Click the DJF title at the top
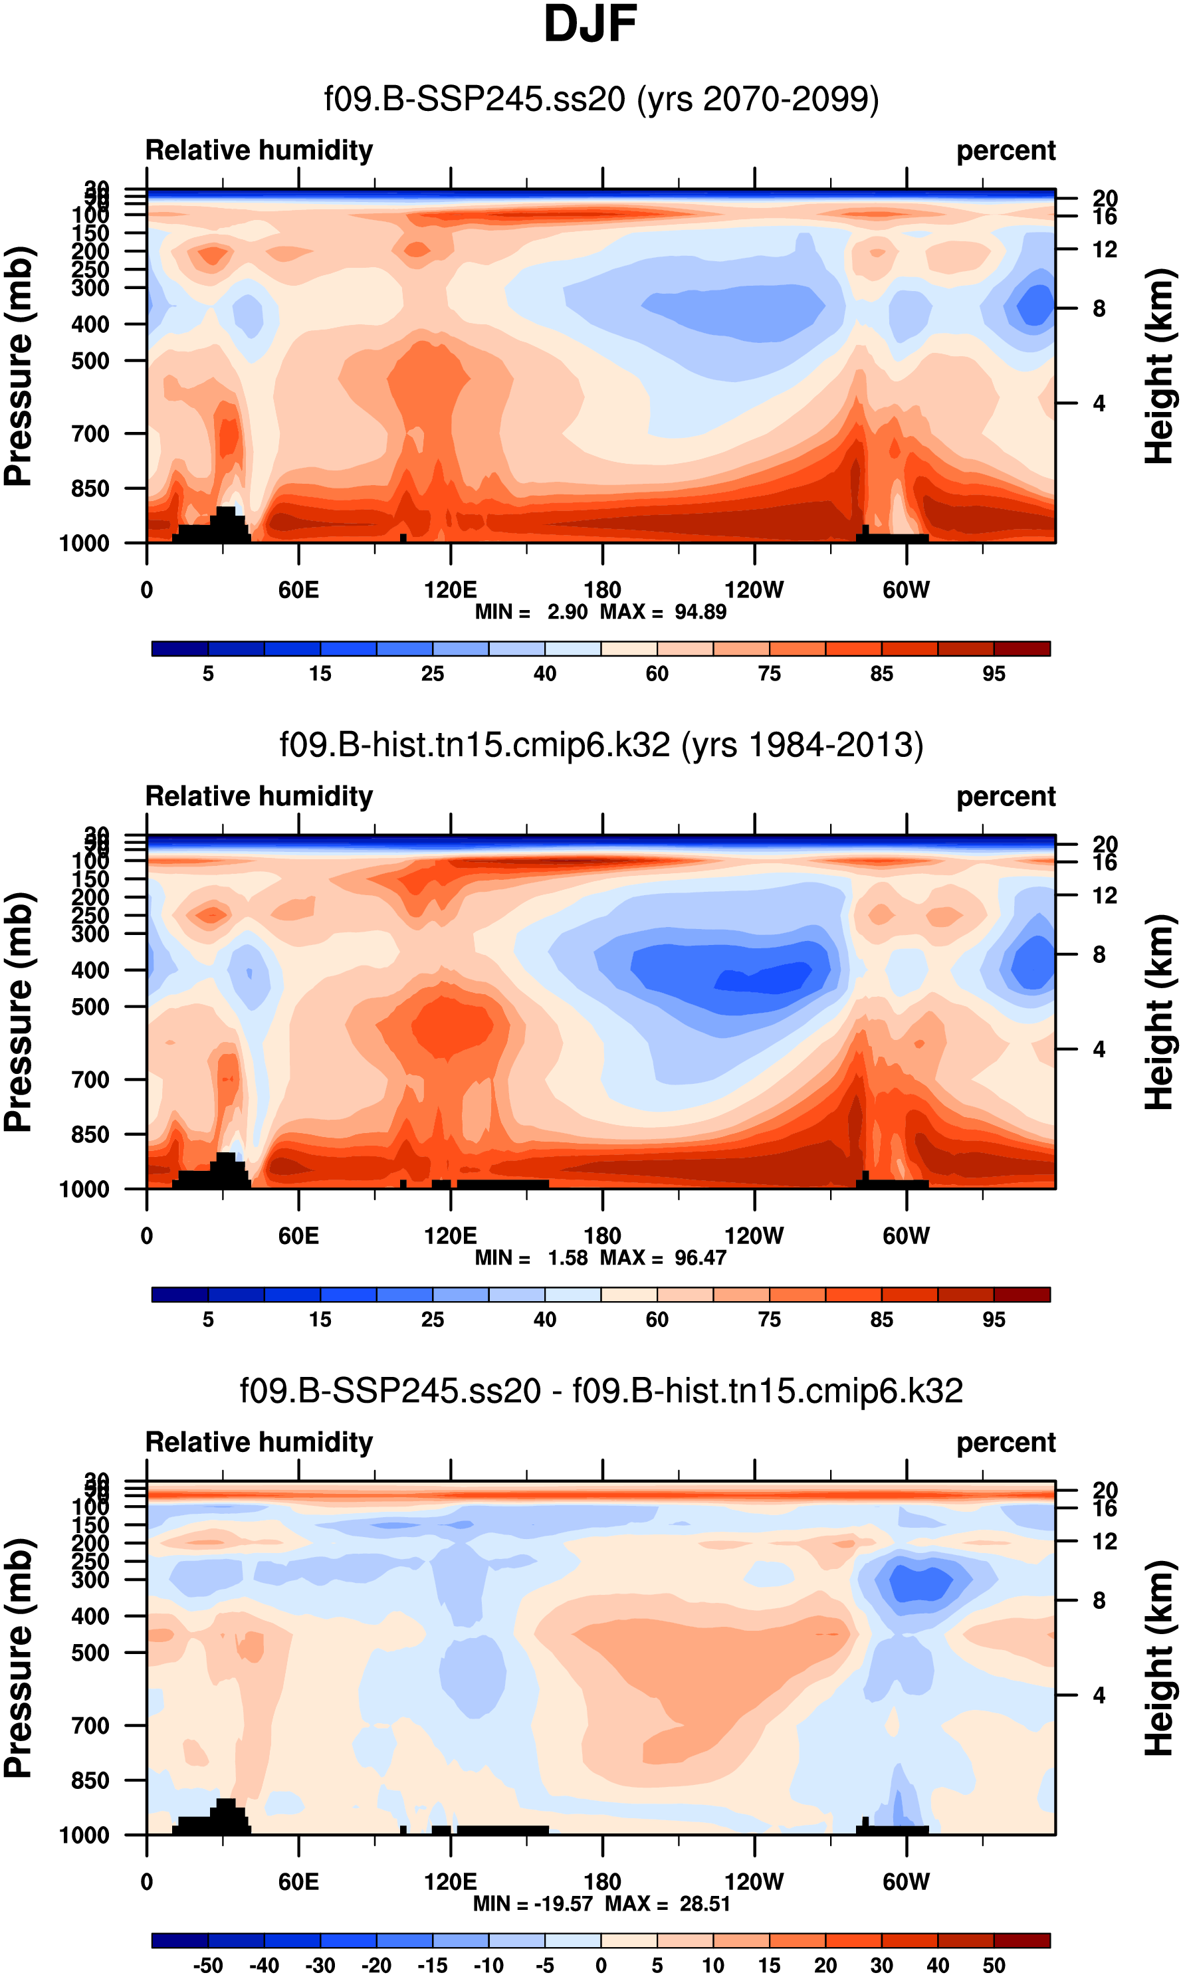pyautogui.click(x=590, y=24)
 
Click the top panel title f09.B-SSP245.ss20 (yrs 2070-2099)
pyautogui.click(x=601, y=99)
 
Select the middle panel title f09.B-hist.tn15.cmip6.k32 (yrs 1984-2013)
pyautogui.click(x=601, y=744)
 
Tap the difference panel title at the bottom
pyautogui.click(x=601, y=1390)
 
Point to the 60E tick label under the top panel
pyautogui.click(x=298, y=591)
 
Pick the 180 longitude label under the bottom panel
pyautogui.click(x=602, y=1882)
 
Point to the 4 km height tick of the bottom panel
pyautogui.click(x=1099, y=1696)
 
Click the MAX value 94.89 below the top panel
pyautogui.click(x=700, y=612)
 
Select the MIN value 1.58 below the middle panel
pyautogui.click(x=567, y=1257)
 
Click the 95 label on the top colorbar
pyautogui.click(x=994, y=674)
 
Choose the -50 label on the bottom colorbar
pyautogui.click(x=207, y=1966)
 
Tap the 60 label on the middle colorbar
pyautogui.click(x=657, y=1320)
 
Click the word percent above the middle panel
pyautogui.click(x=1006, y=796)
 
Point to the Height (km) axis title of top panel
pyautogui.click(x=1159, y=367)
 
